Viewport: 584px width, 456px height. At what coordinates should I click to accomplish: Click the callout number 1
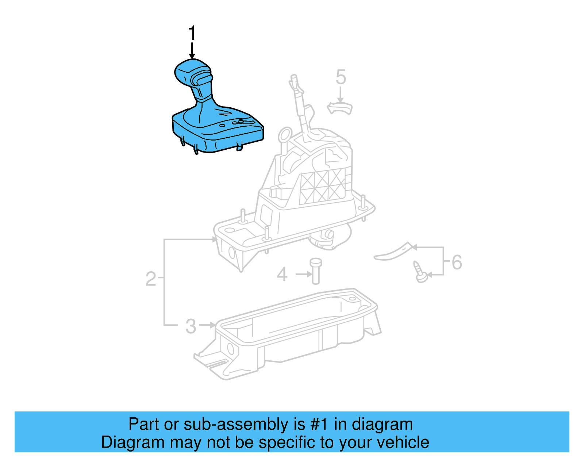coord(192,33)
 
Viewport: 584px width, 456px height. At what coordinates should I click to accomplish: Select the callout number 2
coord(151,279)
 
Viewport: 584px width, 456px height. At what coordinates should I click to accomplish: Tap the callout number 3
coord(191,326)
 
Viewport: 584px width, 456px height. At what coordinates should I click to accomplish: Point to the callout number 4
coord(282,274)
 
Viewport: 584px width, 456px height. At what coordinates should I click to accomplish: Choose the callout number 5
coord(341,77)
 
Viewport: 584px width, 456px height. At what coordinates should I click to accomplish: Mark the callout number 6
coord(457,262)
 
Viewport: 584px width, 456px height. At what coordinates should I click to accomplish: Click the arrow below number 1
coord(192,51)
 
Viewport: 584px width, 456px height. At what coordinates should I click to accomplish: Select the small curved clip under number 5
coord(340,108)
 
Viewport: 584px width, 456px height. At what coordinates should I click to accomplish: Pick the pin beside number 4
coord(316,271)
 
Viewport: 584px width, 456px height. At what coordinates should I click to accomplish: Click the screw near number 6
coord(420,272)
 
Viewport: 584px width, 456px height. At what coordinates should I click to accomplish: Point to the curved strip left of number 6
coord(393,253)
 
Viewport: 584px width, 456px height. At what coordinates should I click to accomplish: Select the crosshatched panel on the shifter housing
coord(322,186)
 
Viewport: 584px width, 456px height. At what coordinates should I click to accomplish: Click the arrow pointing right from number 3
coord(208,325)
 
